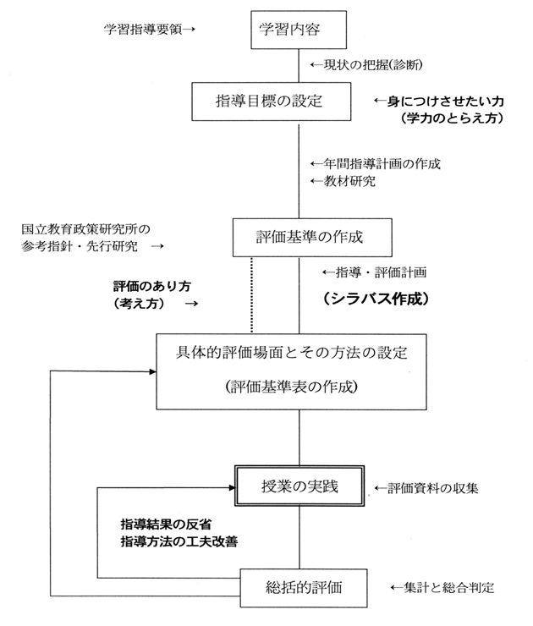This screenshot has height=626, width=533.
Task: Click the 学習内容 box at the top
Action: click(300, 30)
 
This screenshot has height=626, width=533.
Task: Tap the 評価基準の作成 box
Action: click(299, 237)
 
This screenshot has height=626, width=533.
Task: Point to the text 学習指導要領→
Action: click(150, 30)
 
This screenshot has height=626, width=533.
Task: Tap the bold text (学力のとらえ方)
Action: click(452, 119)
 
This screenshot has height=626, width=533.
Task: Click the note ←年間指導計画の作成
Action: click(376, 163)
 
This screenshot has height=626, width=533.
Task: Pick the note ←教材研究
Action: click(343, 181)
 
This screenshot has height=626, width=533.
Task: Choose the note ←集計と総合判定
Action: click(442, 586)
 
